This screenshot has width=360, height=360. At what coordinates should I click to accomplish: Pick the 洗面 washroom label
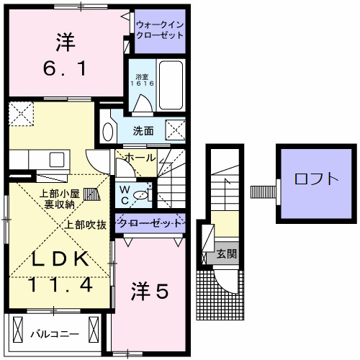143,131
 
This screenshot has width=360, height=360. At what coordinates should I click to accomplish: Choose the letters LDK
59,259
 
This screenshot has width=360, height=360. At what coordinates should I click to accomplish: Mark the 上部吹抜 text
86,224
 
